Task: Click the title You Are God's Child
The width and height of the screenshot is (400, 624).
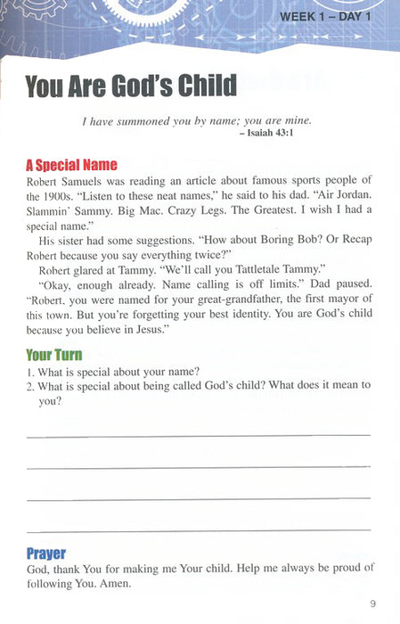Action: (131, 86)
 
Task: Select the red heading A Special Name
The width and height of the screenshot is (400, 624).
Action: (71, 165)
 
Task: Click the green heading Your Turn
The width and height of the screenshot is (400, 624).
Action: (53, 355)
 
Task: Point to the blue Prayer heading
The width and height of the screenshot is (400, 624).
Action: (45, 553)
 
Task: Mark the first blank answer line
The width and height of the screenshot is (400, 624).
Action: (198, 435)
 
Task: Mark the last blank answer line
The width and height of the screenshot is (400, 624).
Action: (198, 530)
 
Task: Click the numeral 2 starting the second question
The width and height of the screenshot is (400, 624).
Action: (29, 385)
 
